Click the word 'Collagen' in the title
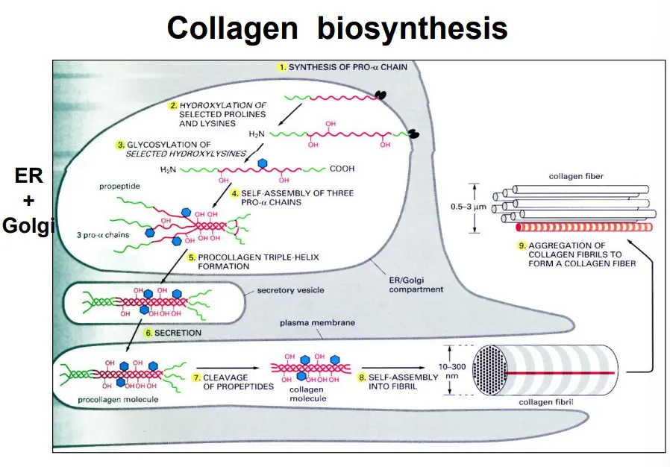[x=233, y=29]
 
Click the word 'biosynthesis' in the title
[x=413, y=29]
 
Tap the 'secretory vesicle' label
[x=291, y=290]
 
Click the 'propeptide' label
[x=120, y=186]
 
